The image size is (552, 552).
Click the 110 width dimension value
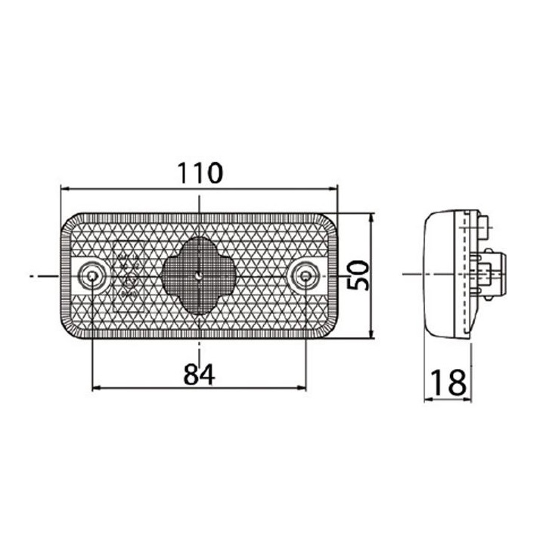(x=200, y=173)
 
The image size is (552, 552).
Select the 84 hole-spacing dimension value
(x=200, y=374)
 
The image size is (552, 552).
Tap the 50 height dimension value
(x=358, y=275)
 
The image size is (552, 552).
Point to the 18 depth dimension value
(x=448, y=383)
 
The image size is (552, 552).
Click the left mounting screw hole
(x=92, y=275)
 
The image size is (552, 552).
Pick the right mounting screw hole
(x=305, y=275)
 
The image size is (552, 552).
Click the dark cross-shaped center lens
(x=199, y=276)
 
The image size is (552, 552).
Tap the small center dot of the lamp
(x=199, y=276)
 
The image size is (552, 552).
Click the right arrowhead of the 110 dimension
(x=333, y=189)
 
